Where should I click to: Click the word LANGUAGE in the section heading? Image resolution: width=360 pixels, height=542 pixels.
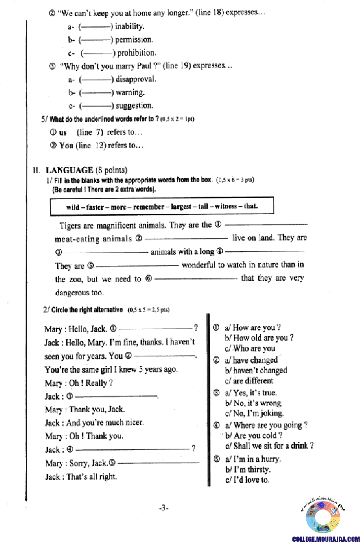[70, 170]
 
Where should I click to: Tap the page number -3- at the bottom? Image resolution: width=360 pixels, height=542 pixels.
[164, 507]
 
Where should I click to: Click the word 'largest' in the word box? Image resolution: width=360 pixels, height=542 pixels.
[181, 206]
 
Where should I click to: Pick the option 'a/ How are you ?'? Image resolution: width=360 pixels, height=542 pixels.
[252, 327]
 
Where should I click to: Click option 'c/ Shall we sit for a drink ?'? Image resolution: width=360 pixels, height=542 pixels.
[269, 446]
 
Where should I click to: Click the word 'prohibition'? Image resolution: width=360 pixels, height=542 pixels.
[136, 53]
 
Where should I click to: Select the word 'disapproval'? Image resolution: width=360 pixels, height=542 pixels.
[136, 79]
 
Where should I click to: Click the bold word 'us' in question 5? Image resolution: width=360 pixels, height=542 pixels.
[63, 132]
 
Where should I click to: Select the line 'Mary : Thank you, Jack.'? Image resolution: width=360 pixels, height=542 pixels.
[84, 409]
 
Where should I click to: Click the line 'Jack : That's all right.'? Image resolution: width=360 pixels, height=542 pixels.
[81, 476]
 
